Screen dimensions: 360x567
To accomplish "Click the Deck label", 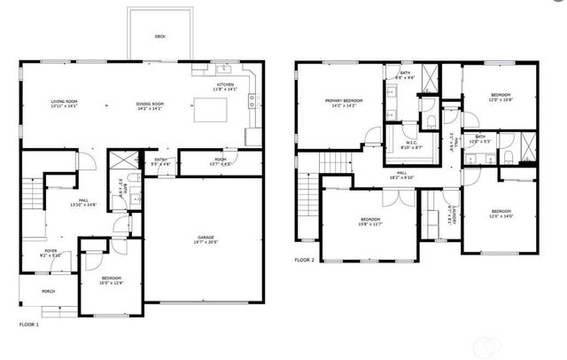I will pos(159,36).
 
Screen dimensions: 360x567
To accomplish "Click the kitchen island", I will pos(210,108).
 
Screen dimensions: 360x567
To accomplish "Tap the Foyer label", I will pos(51,251).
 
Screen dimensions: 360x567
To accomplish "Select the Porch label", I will pos(49,290).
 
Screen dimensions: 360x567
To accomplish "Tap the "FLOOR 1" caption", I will pos(29,325).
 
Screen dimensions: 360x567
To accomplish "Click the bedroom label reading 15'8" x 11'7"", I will pos(370,221).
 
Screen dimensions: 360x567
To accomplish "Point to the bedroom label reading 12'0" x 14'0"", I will pos(501,212).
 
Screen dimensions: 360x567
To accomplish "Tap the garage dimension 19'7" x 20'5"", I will pos(206,243).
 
